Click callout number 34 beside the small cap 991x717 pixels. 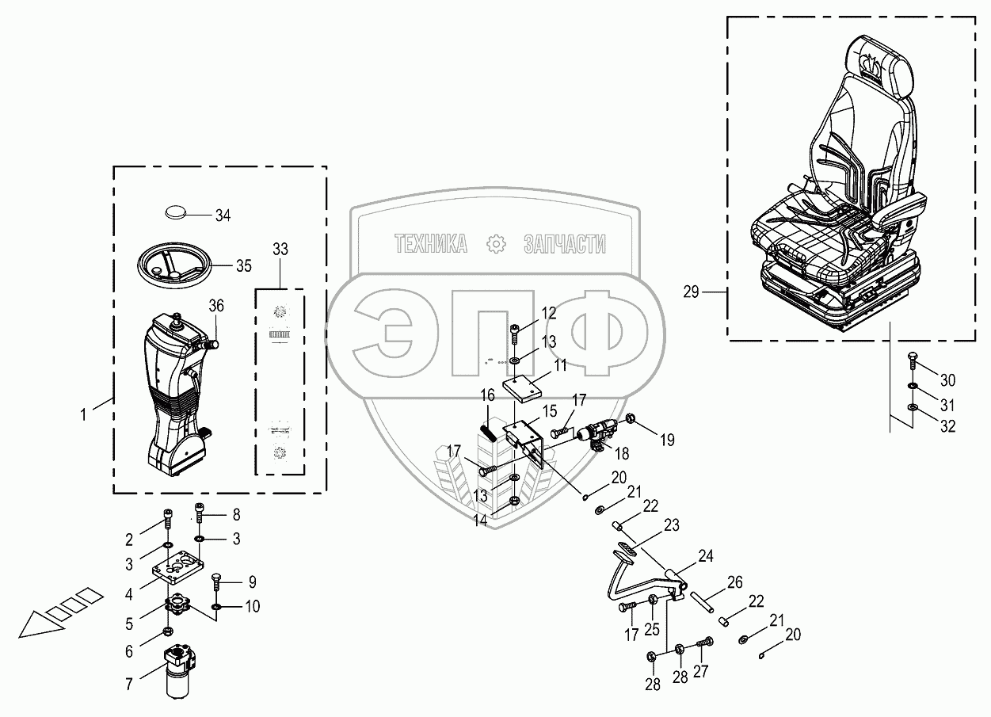[x=223, y=215]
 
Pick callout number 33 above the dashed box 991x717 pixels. [x=280, y=249]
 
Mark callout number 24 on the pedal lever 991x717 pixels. [x=705, y=557]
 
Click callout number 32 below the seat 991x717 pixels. [x=947, y=425]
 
